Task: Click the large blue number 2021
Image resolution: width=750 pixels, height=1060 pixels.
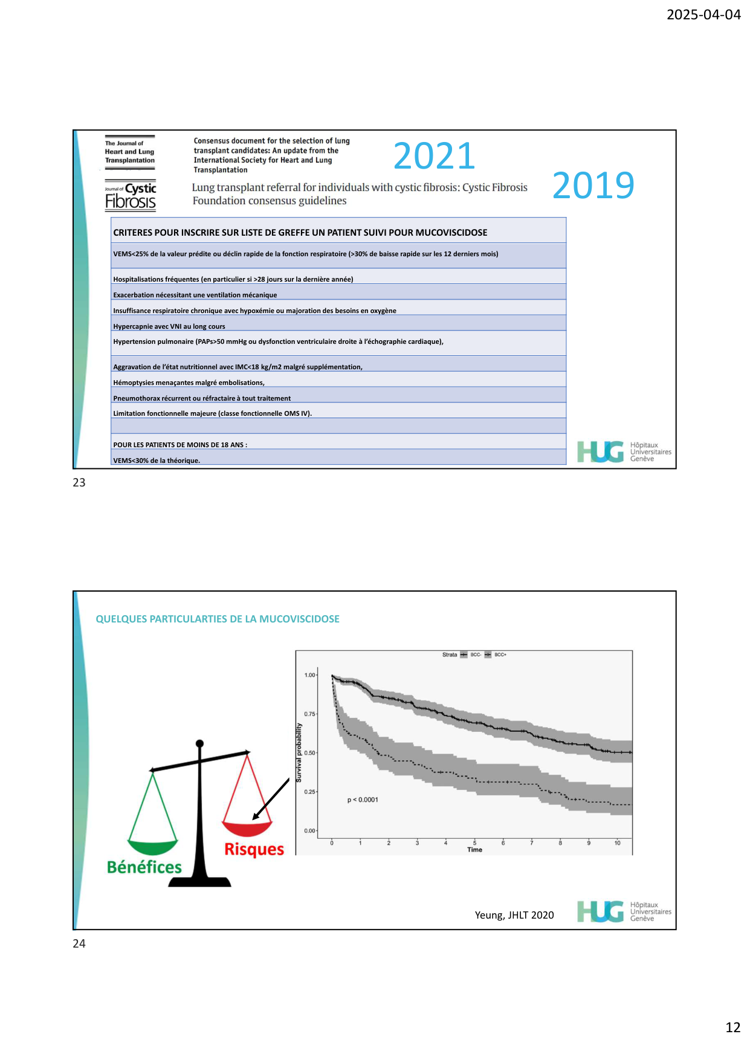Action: (434, 156)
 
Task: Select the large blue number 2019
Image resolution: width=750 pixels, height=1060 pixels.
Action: (593, 185)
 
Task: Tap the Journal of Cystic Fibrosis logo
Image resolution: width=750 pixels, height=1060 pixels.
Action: (131, 195)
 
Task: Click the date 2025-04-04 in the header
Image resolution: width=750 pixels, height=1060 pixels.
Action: (703, 15)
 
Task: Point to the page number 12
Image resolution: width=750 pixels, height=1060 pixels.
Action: (732, 1027)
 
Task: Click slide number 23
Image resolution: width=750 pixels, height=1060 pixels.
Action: (79, 482)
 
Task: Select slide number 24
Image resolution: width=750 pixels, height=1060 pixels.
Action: (79, 943)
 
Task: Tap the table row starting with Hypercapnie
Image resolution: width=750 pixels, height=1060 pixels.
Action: (169, 326)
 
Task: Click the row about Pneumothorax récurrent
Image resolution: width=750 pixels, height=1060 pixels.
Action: (202, 398)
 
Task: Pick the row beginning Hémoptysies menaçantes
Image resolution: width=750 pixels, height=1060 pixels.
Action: (189, 383)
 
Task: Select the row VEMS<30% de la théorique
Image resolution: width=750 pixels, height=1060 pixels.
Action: (157, 461)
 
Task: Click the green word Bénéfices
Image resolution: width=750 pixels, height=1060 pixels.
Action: (144, 867)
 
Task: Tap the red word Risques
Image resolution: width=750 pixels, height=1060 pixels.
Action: (254, 849)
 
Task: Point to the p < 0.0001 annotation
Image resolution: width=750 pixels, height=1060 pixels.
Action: (363, 800)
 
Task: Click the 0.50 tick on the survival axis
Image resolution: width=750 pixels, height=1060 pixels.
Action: (309, 753)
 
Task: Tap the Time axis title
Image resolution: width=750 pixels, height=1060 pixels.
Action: (474, 850)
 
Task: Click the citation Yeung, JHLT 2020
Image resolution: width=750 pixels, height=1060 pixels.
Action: (514, 915)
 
